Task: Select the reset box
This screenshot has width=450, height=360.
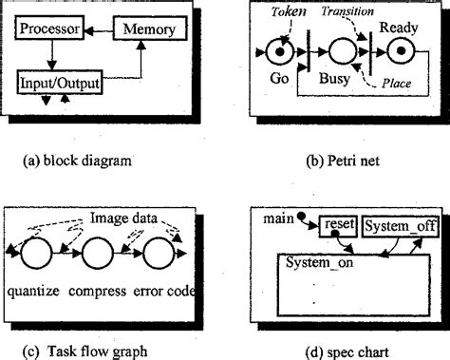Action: coord(336,224)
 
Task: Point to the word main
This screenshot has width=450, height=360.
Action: coord(278,220)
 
